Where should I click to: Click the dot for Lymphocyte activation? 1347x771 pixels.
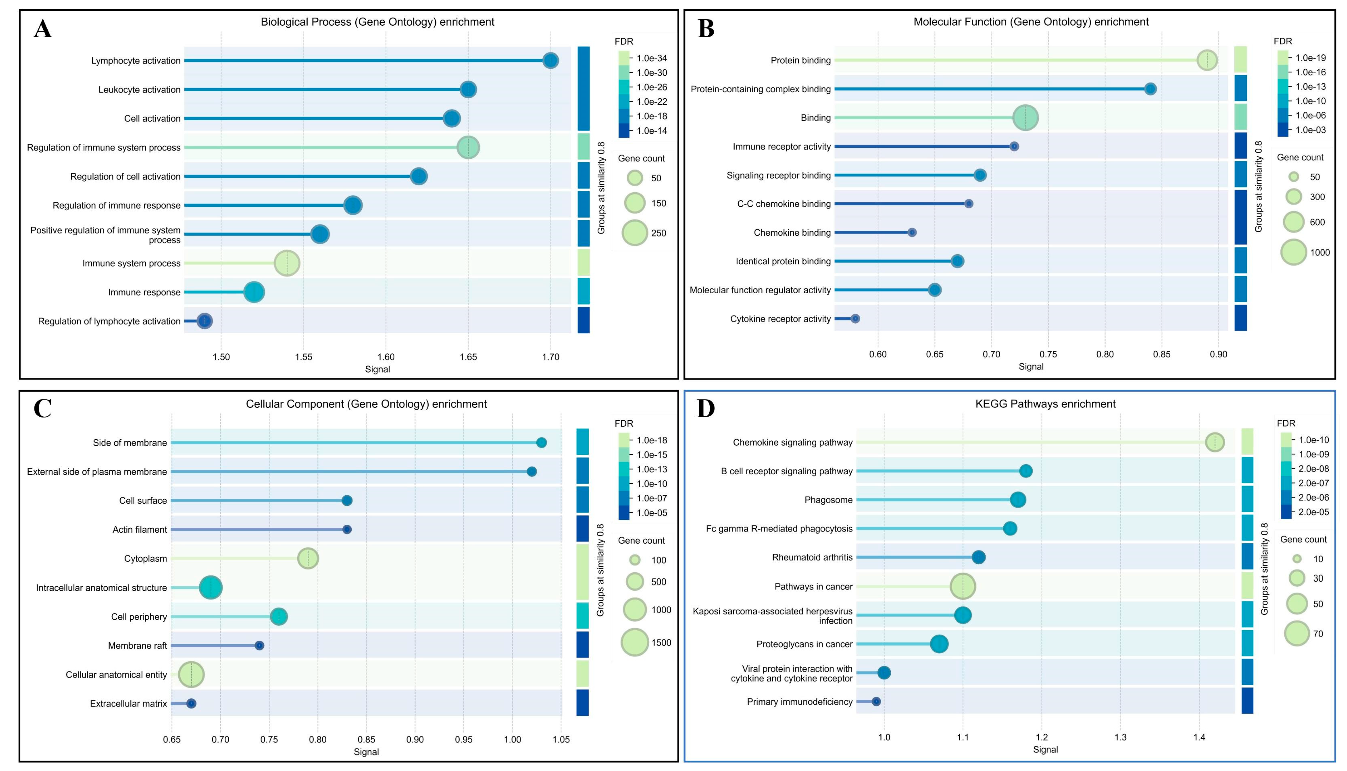click(x=551, y=60)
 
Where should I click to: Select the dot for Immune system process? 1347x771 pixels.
click(x=287, y=263)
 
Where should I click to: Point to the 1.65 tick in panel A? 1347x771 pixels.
click(x=468, y=357)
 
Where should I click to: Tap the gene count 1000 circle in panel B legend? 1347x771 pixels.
click(x=1294, y=252)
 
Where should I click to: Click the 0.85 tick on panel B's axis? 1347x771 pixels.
click(x=1162, y=354)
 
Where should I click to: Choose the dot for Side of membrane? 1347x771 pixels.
click(x=541, y=443)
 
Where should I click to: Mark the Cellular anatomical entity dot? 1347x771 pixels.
click(x=191, y=675)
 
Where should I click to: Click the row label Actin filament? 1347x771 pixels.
click(x=140, y=530)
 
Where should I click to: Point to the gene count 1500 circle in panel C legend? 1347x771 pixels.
click(x=634, y=642)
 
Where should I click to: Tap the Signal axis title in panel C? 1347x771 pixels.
click(x=366, y=752)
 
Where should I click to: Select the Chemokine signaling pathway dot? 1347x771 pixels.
click(x=1215, y=442)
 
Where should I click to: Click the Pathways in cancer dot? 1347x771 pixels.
click(x=963, y=586)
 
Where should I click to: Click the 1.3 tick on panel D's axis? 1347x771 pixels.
click(x=1121, y=737)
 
